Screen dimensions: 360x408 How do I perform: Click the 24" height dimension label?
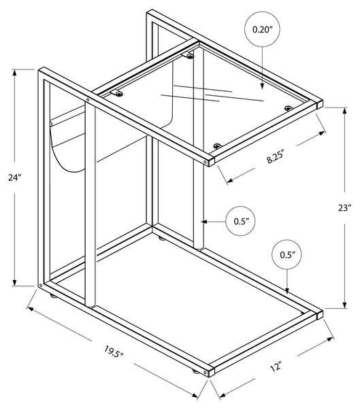tap(14, 177)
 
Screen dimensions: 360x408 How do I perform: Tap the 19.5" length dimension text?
tap(113, 352)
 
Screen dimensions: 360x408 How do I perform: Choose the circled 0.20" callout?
tap(262, 29)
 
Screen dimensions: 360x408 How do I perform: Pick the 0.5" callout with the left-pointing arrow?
tap(240, 221)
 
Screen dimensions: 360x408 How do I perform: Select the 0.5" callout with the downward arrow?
tap(287, 254)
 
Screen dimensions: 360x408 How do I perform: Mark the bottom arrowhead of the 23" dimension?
tap(344, 305)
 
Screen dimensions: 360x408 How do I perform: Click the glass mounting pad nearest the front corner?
tap(216, 146)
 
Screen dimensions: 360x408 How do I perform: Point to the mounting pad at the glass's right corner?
tap(288, 107)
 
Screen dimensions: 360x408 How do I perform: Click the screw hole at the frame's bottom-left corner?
tap(40, 286)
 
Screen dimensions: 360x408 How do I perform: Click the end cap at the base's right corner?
tap(319, 315)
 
